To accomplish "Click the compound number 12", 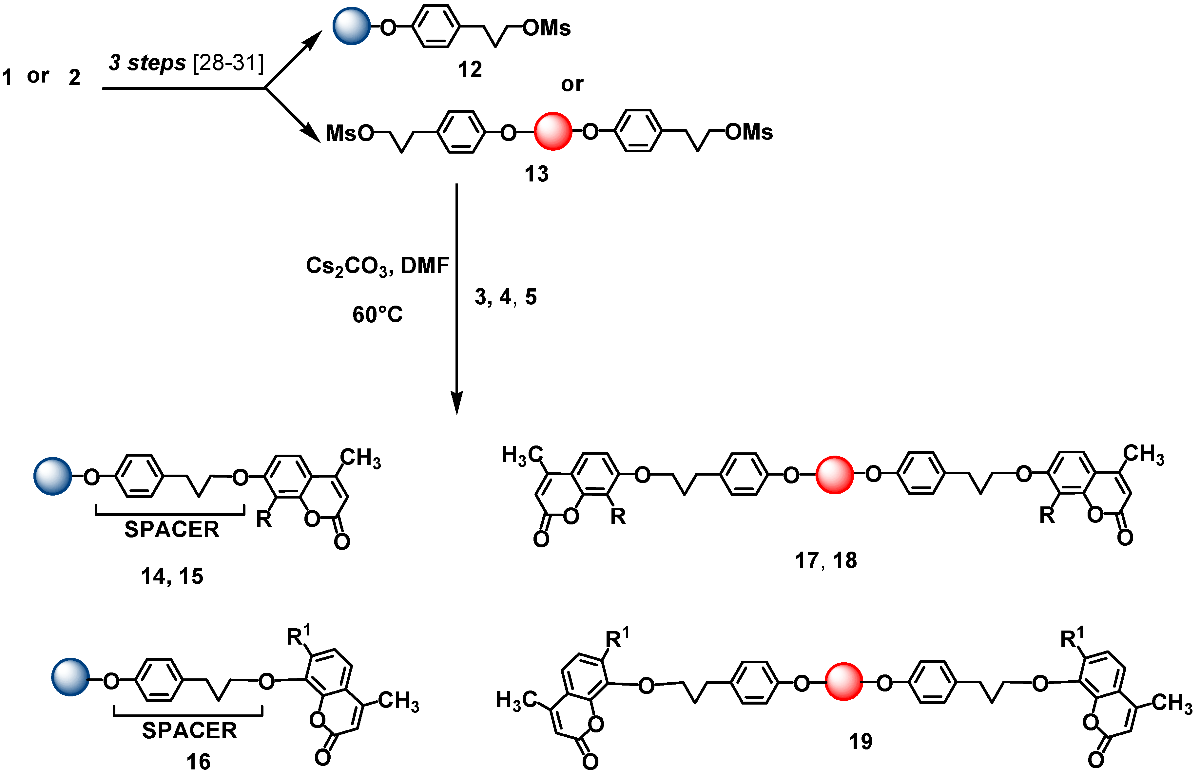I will click(470, 69).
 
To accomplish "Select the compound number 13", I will click(536, 174).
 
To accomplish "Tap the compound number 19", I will click(860, 741).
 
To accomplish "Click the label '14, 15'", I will click(172, 576).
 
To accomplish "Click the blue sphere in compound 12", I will click(351, 26).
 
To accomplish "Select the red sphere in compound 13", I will click(553, 131).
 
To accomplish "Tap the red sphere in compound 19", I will click(843, 682).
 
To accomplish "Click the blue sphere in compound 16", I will click(70, 677).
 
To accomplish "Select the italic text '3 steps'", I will click(147, 63).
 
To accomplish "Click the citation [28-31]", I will click(228, 63).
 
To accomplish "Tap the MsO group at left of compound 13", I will click(349, 133).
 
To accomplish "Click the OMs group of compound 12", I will click(547, 28).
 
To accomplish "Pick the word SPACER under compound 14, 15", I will click(172, 529).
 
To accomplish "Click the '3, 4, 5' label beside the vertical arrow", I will click(505, 297).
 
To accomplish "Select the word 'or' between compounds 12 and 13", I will click(572, 84).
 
